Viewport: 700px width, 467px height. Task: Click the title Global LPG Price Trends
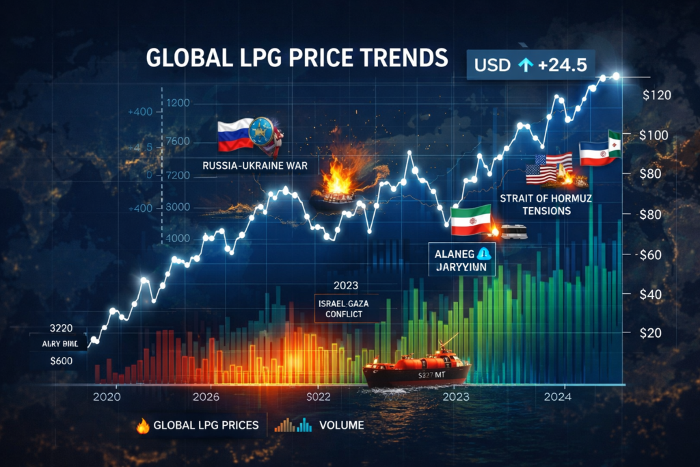(x=297, y=58)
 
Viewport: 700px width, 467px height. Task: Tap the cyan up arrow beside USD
(x=525, y=64)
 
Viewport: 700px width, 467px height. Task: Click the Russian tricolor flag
(x=234, y=135)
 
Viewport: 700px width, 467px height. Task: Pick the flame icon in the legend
(x=143, y=425)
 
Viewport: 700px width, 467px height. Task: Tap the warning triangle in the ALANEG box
(x=485, y=253)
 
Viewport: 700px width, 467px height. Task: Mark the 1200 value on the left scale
(x=178, y=103)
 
